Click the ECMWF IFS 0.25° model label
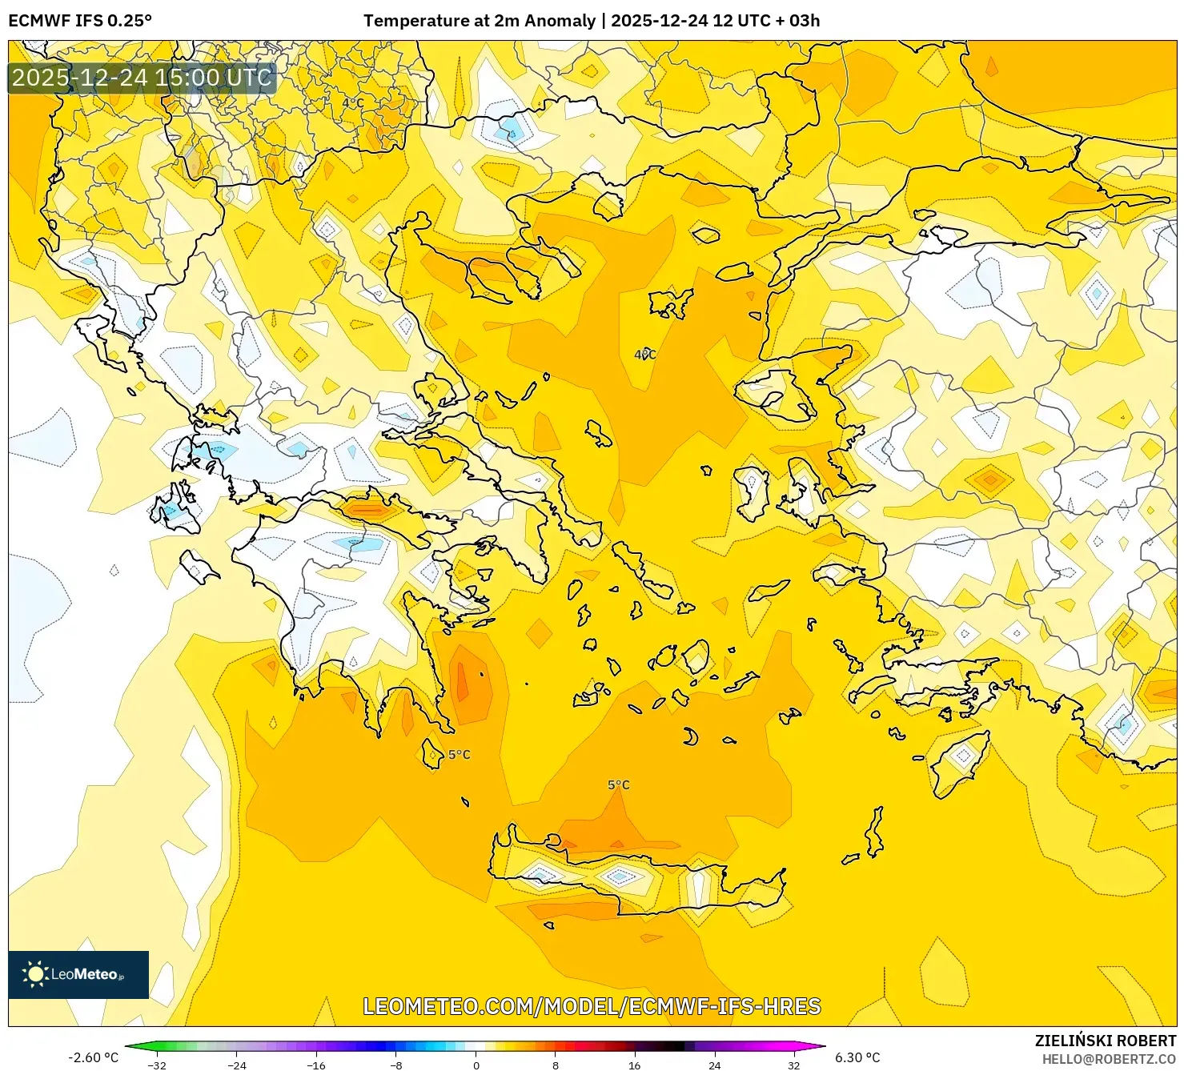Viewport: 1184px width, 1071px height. (x=80, y=21)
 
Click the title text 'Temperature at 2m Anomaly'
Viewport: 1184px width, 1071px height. (x=479, y=21)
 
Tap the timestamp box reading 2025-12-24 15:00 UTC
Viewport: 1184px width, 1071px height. (x=142, y=78)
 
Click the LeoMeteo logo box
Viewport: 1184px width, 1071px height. (x=78, y=974)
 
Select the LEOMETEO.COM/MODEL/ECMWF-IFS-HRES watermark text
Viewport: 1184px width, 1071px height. (x=592, y=1006)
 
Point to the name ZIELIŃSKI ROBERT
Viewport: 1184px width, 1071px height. (x=1105, y=1041)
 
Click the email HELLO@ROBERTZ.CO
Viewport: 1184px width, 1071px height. (x=1109, y=1059)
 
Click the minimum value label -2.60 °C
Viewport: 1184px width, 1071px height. (x=93, y=1057)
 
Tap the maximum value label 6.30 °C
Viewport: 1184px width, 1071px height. (x=857, y=1057)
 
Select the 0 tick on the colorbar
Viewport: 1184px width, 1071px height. (x=476, y=1065)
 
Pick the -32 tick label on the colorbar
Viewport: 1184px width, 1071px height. (x=157, y=1065)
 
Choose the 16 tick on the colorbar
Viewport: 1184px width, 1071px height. (x=634, y=1065)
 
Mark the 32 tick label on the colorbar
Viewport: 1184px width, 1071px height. (x=793, y=1065)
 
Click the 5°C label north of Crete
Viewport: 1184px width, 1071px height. (x=619, y=784)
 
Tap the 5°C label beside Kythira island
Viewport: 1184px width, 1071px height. (x=460, y=755)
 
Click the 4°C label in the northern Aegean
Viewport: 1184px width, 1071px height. (x=645, y=355)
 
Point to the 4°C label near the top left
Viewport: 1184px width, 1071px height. (x=353, y=102)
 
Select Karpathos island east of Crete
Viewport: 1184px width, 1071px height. (x=875, y=832)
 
